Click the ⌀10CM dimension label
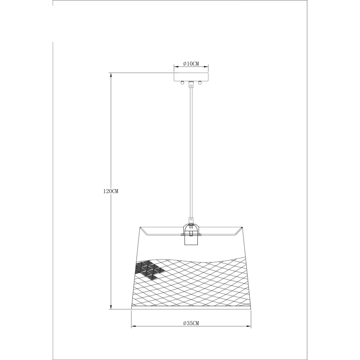[191, 63]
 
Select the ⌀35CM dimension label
[191, 323]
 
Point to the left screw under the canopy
[181, 82]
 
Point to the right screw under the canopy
[200, 82]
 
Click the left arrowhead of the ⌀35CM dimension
[133, 327]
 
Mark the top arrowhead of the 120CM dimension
[111, 75]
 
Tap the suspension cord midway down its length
[191, 153]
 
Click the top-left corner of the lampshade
[140, 227]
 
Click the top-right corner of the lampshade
[243, 227]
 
